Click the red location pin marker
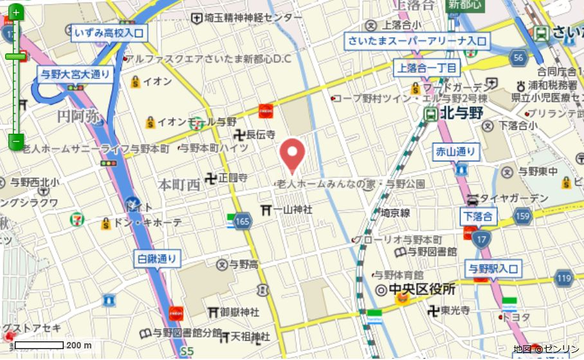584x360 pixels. point(294,154)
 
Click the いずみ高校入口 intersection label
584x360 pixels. point(111,33)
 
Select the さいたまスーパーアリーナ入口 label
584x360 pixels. point(417,42)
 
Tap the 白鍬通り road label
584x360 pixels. point(158,260)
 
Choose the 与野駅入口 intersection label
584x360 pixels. point(493,269)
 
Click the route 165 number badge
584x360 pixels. point(242,222)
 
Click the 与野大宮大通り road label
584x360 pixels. point(75,74)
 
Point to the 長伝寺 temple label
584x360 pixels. point(260,134)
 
